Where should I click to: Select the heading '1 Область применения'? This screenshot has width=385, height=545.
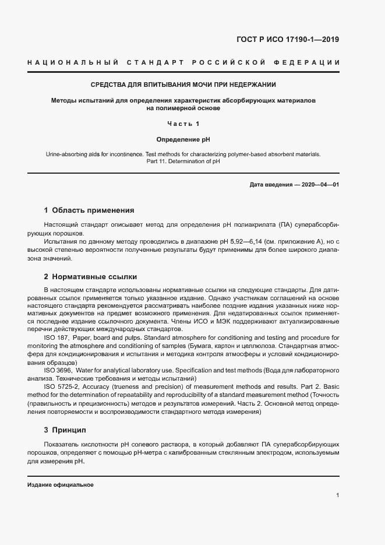click(89, 210)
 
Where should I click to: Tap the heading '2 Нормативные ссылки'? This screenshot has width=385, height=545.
click(90, 277)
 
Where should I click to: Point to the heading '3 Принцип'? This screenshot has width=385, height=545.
click(65, 430)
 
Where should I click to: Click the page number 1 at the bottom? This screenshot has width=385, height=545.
click(338, 495)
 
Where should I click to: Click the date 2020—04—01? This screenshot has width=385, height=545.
click(320, 185)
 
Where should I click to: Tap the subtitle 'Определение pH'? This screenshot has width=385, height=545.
click(183, 140)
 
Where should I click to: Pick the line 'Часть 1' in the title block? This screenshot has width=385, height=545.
click(183, 124)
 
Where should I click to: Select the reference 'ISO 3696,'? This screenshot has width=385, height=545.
click(58, 371)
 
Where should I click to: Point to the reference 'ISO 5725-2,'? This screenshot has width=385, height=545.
click(62, 387)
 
